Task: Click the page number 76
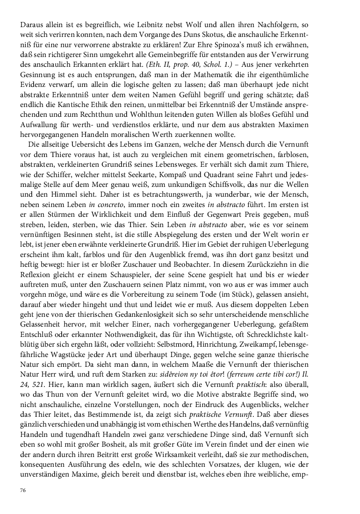pos(23,491)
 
